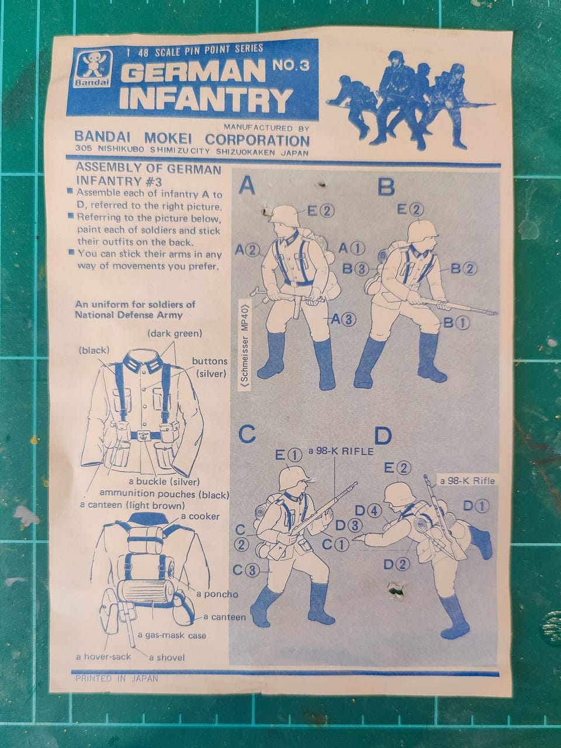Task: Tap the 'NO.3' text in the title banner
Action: point(290,65)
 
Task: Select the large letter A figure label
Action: point(247,186)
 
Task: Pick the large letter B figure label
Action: point(386,186)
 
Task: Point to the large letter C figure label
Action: point(247,434)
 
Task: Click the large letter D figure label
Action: point(383,436)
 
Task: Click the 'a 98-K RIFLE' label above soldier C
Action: point(341,451)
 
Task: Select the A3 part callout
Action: point(344,319)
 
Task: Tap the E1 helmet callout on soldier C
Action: point(289,454)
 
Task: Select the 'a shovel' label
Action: point(167,657)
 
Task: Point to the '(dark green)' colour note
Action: point(175,333)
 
